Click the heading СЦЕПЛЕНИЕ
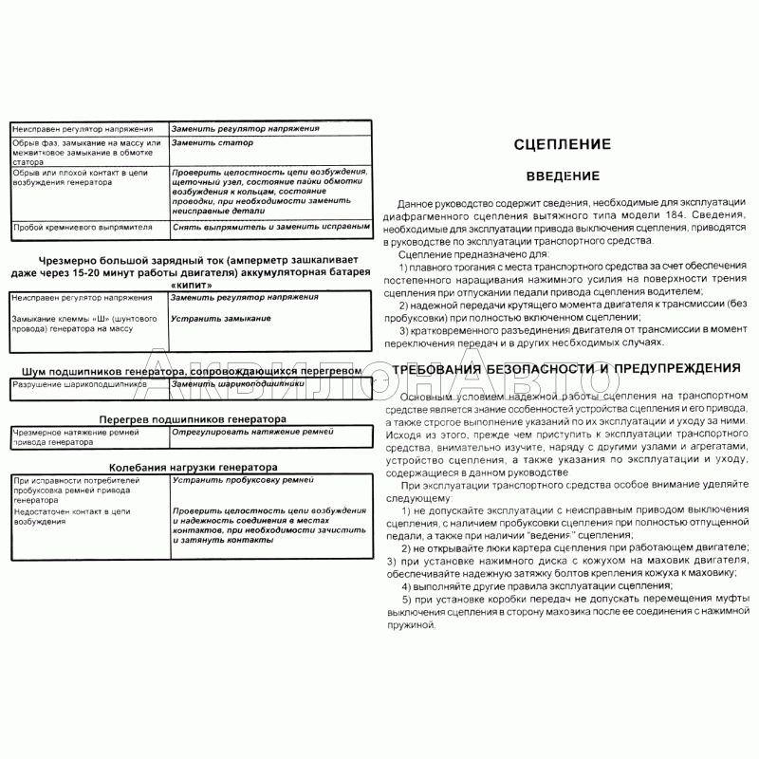562,145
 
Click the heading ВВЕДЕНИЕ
562,176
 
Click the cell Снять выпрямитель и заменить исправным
269,228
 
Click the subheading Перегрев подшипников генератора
192,418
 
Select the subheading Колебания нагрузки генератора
192,467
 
